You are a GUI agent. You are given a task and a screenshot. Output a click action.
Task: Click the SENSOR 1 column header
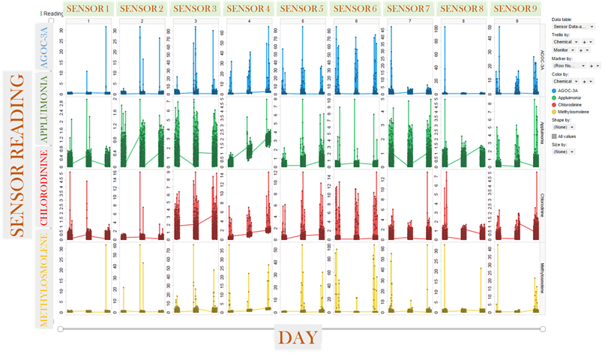point(89,9)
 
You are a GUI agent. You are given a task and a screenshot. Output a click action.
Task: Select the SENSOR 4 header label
point(249,9)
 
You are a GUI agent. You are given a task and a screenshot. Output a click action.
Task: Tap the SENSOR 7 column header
point(409,9)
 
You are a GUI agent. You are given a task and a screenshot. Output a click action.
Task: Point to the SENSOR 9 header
point(515,9)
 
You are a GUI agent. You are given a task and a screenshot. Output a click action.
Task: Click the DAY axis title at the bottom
point(298,337)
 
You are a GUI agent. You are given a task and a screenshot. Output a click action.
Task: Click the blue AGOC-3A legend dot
point(554,88)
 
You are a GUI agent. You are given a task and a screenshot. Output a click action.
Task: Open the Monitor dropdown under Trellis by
point(563,49)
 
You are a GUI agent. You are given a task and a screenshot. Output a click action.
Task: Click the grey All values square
point(554,136)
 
